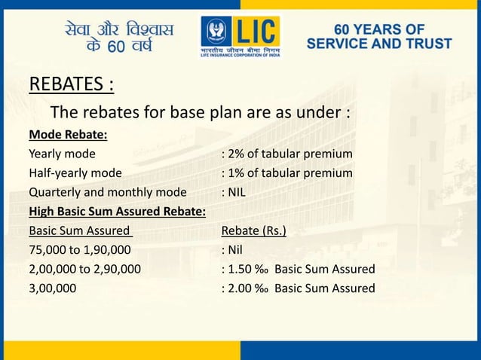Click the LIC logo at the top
tap(240, 37)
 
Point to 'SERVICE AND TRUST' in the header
tap(379, 44)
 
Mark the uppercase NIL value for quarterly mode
tap(237, 192)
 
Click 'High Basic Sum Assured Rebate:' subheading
tap(117, 211)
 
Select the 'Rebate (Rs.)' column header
tap(253, 230)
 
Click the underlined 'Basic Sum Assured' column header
tap(80, 230)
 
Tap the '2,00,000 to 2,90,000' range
tap(84, 269)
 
